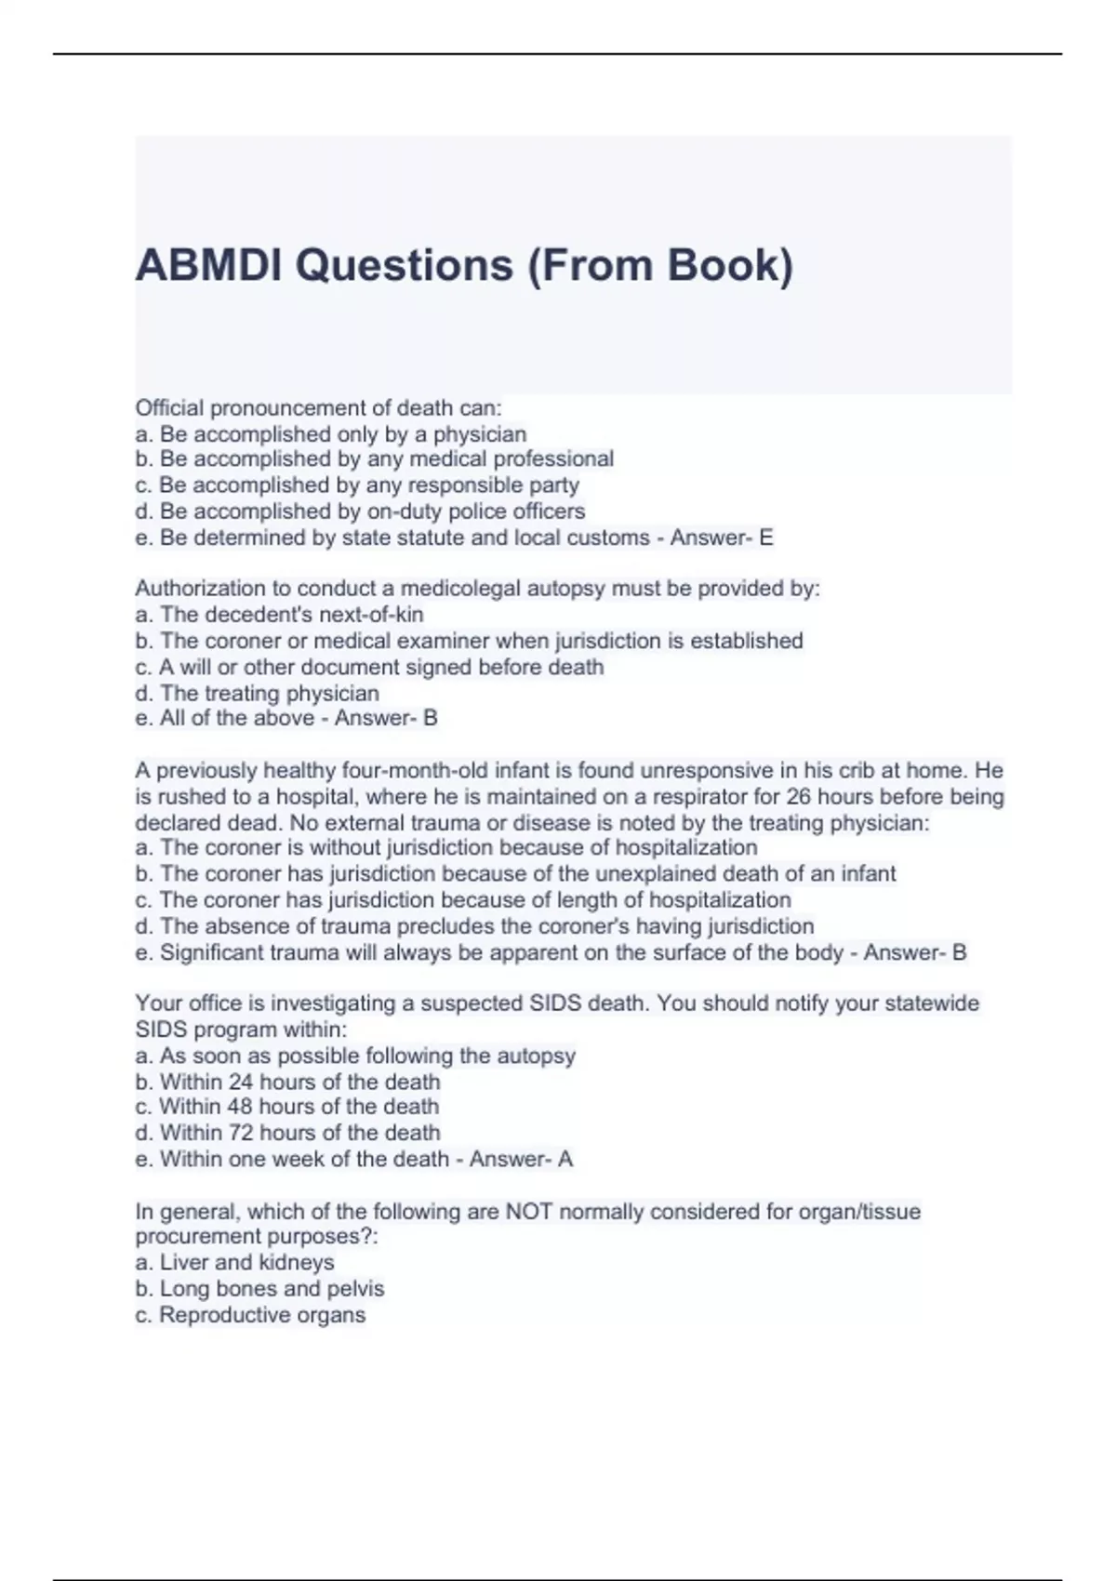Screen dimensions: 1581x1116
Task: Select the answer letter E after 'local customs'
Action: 766,538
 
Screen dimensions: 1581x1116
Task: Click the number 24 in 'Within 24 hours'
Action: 240,1082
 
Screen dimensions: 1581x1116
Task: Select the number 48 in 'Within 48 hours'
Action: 239,1107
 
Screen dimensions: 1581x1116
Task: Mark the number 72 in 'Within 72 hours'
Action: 240,1133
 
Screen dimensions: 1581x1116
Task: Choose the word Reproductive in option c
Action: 219,1315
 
